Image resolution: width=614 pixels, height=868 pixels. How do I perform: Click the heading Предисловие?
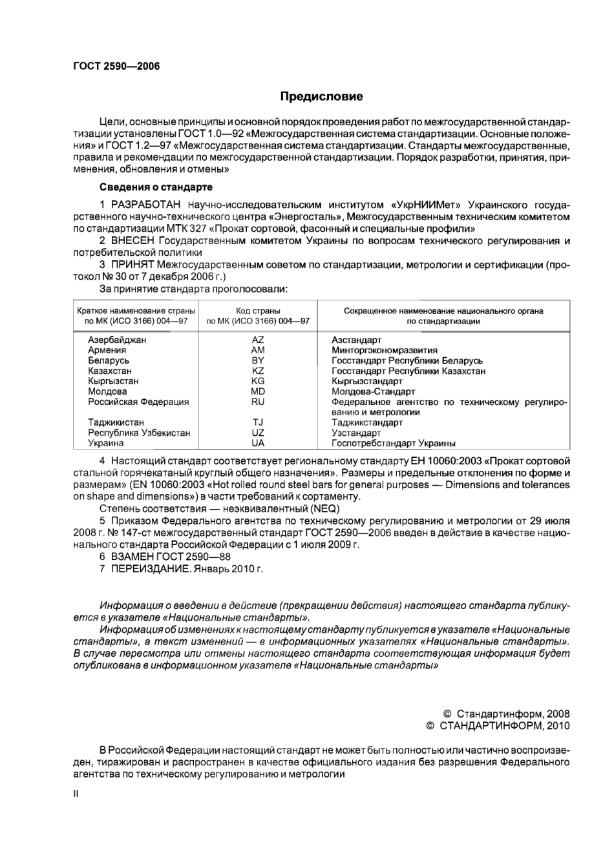[321, 97]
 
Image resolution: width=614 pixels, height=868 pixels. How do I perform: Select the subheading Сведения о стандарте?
[156, 187]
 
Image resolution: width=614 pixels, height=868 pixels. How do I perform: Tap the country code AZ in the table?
[258, 340]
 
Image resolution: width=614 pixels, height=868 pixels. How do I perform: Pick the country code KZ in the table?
[258, 371]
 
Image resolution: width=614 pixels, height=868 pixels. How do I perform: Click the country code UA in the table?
[258, 443]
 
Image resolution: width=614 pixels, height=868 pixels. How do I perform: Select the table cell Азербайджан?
[117, 340]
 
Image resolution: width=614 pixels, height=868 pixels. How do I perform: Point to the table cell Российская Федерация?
[138, 402]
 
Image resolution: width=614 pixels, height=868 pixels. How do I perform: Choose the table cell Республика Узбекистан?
[139, 433]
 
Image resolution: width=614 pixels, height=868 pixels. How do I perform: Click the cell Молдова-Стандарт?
[373, 391]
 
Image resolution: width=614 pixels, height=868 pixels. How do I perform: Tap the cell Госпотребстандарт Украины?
[393, 443]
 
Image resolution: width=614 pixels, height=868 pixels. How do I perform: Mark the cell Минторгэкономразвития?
[384, 350]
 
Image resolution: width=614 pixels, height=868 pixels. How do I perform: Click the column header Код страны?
[258, 311]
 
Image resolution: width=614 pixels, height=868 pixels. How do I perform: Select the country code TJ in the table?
[258, 422]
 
